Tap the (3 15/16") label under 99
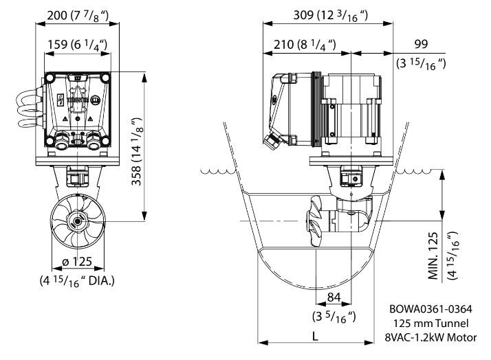tap(422, 63)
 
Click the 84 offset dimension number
tap(334, 297)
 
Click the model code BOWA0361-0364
tap(431, 309)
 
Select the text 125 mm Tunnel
tap(431, 323)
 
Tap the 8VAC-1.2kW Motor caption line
tap(431, 337)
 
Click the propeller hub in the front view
tap(76, 221)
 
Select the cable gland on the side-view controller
tap(270, 142)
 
